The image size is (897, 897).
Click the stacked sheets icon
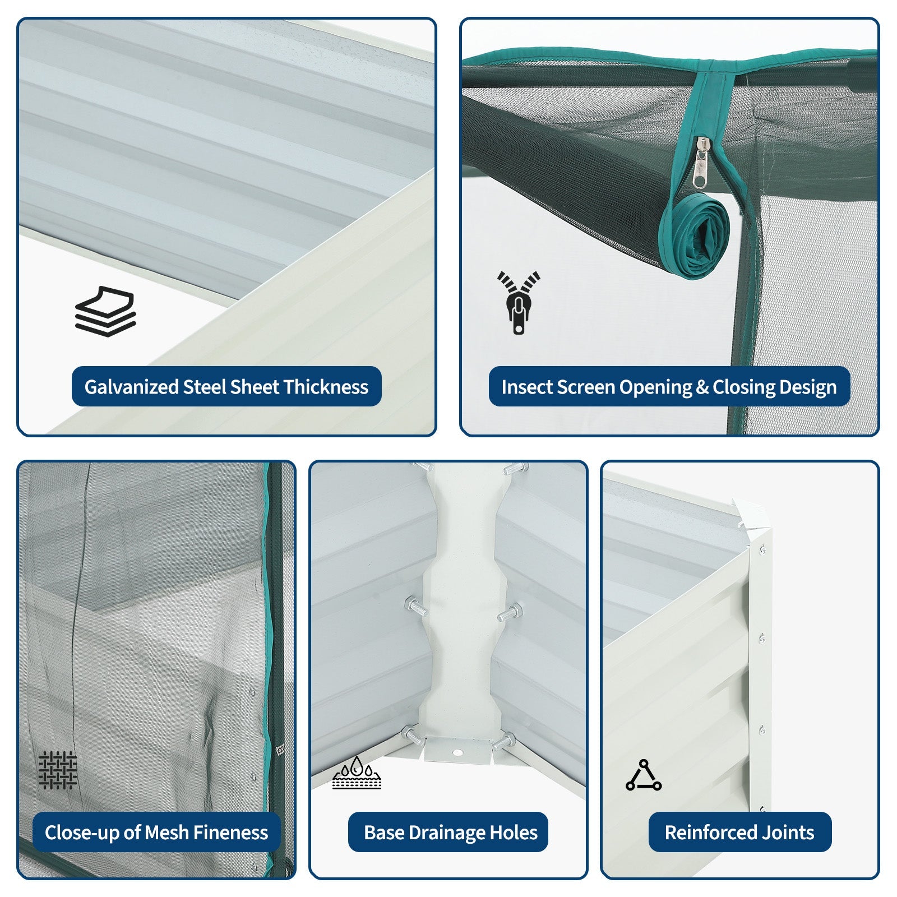point(105,312)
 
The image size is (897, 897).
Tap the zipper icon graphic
point(519,303)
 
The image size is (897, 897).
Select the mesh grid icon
point(58,770)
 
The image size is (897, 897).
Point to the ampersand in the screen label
point(702,387)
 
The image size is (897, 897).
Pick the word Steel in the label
point(204,387)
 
